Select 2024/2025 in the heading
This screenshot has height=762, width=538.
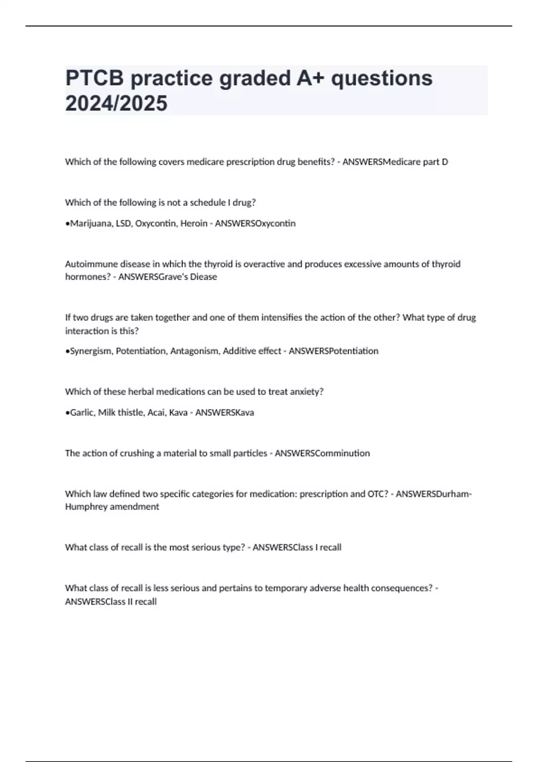(116, 104)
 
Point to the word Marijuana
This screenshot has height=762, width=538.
(91, 223)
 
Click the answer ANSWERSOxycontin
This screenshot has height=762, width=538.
(255, 223)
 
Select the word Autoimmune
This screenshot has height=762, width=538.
(91, 264)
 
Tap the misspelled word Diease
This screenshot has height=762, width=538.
(204, 277)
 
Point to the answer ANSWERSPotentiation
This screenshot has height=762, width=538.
(333, 351)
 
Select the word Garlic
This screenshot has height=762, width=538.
(82, 412)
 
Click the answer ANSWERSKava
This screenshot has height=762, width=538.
(225, 412)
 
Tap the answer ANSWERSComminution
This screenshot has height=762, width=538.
(322, 453)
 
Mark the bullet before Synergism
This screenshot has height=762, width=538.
(67, 351)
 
